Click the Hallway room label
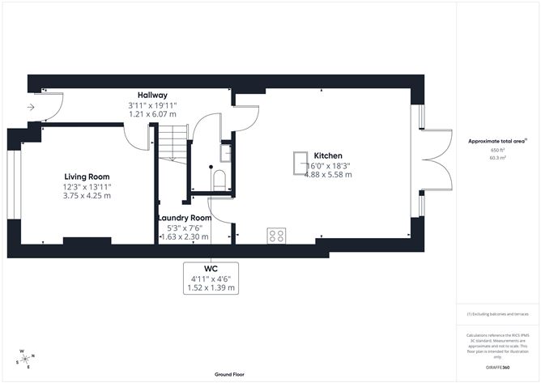coord(152,95)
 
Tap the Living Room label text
coord(87,177)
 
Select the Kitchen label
coord(328,155)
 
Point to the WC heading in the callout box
coord(210,270)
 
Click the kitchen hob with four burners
coord(276,236)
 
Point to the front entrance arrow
coord(30,106)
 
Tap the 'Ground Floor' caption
coord(230,374)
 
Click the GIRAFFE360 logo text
coord(498,367)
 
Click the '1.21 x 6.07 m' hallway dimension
coord(152,114)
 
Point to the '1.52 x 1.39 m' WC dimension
coord(210,287)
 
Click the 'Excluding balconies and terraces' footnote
coord(496,314)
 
